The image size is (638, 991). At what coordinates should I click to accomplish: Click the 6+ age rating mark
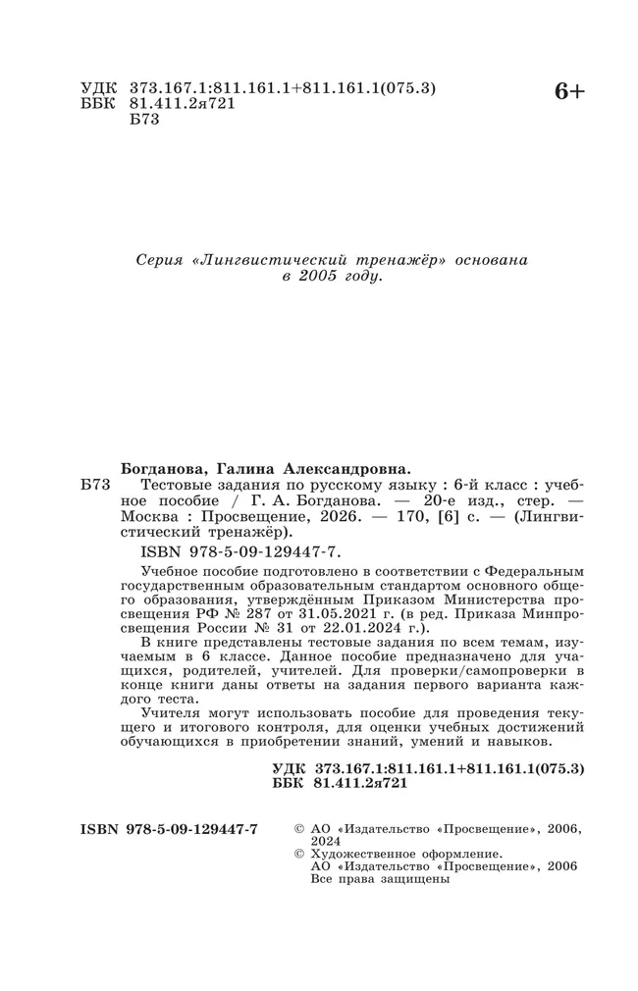(x=569, y=92)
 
